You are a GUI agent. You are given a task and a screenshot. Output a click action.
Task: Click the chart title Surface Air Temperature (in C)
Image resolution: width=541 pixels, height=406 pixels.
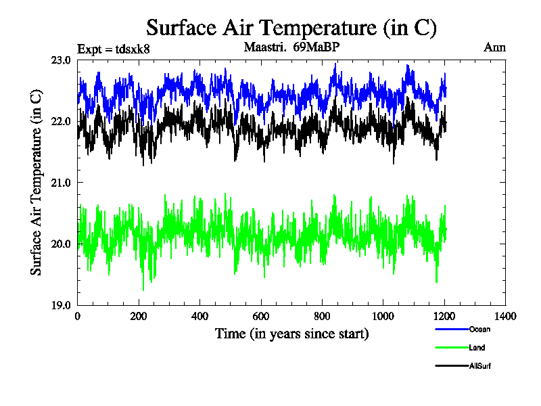(x=291, y=28)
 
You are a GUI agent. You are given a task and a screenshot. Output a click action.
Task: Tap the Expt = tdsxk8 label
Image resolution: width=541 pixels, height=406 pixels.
(x=114, y=48)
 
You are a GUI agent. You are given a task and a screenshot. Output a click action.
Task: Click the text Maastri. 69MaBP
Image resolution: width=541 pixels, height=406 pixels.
(x=290, y=47)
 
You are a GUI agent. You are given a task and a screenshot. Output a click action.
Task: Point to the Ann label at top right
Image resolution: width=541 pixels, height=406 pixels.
(x=494, y=47)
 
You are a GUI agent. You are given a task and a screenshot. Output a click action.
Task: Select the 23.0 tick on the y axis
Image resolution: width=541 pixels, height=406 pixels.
(x=61, y=60)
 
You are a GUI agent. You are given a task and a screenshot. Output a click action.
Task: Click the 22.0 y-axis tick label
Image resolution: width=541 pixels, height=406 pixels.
(x=61, y=121)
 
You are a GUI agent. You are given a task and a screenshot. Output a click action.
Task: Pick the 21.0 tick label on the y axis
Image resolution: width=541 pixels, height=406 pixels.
(x=61, y=183)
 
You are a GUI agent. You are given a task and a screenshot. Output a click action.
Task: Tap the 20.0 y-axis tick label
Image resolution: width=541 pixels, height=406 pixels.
(x=61, y=244)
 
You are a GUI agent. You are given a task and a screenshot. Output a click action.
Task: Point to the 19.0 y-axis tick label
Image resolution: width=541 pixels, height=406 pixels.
(x=61, y=304)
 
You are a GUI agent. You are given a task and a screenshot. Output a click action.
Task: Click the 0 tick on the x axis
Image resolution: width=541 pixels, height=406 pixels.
(x=78, y=316)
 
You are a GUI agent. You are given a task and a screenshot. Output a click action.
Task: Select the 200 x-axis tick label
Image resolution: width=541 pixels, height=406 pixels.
(x=139, y=316)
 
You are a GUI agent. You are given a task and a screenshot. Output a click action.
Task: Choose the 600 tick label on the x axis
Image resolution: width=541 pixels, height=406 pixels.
(x=261, y=316)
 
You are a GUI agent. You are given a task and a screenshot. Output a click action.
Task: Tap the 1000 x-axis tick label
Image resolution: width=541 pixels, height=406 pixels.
(x=383, y=316)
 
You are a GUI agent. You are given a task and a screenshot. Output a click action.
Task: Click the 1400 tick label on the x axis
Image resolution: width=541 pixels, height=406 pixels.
(x=505, y=316)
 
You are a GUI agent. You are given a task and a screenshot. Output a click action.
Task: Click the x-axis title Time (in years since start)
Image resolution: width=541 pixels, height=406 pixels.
(x=291, y=334)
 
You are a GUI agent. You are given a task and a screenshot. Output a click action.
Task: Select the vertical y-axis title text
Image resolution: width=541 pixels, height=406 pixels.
(x=37, y=183)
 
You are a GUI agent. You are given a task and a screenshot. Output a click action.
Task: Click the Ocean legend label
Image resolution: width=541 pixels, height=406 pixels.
(x=479, y=330)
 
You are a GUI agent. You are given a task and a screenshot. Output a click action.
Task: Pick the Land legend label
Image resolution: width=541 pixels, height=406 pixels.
(x=477, y=348)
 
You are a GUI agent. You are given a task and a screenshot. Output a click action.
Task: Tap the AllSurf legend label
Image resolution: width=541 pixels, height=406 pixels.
(x=480, y=366)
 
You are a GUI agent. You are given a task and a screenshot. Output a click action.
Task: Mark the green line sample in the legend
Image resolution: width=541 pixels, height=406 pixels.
(x=450, y=348)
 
